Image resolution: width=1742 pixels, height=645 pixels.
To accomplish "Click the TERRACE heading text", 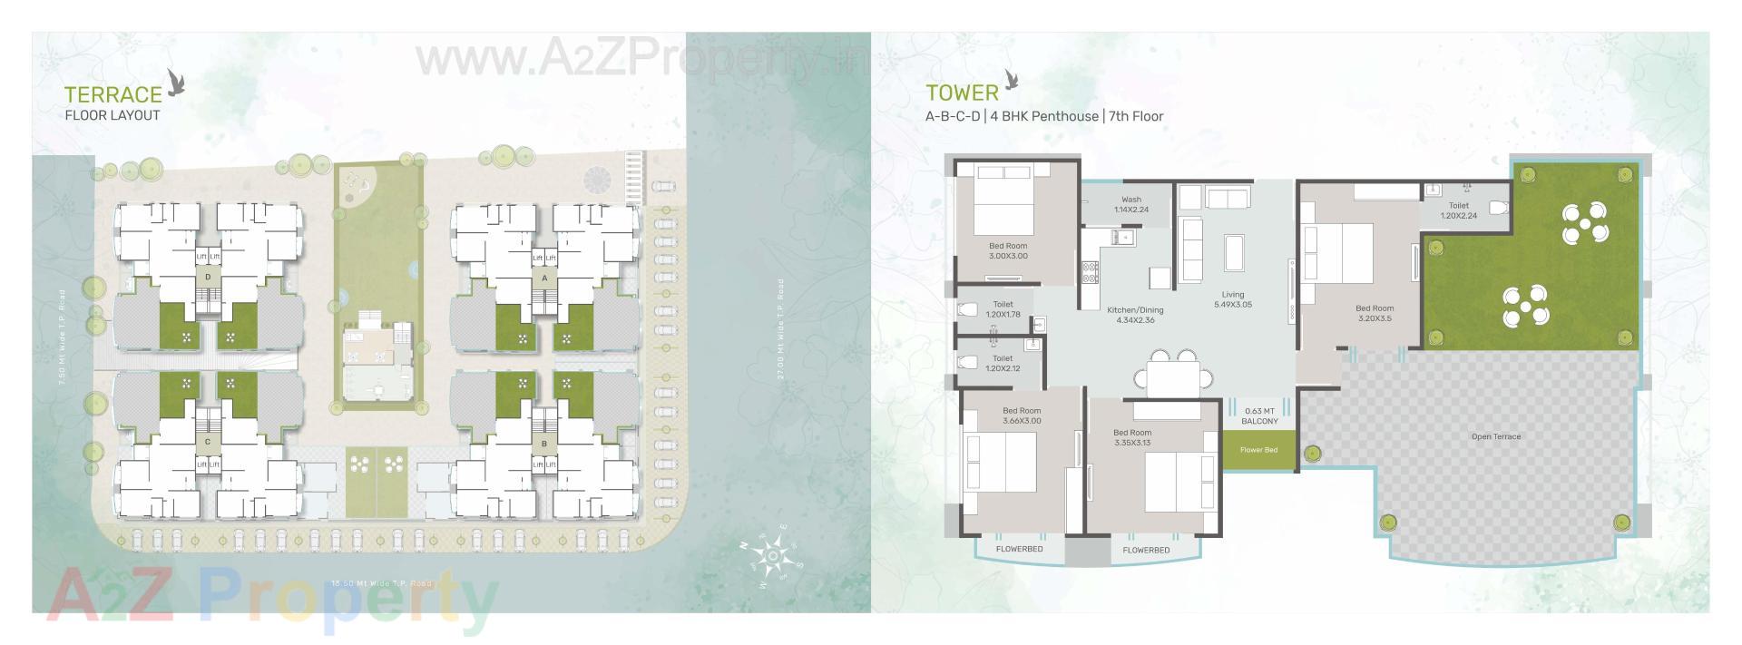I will (x=113, y=94).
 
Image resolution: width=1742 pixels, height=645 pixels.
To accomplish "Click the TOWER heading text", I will (x=962, y=93).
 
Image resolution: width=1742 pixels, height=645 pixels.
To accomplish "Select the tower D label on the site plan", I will (x=208, y=277).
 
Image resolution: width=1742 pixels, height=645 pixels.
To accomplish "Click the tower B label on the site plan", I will (x=543, y=444).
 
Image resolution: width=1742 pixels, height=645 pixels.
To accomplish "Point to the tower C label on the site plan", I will (x=208, y=442).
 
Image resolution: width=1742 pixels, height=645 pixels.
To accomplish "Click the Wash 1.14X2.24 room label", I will (x=1130, y=204).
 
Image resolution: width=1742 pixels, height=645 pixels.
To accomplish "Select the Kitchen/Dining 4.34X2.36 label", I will (x=1135, y=315).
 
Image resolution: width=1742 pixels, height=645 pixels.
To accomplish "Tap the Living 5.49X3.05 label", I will (x=1232, y=299).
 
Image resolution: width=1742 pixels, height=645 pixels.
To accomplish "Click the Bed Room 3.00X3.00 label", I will (x=1008, y=250).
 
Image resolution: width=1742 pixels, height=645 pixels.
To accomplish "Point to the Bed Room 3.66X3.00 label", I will (x=1022, y=415).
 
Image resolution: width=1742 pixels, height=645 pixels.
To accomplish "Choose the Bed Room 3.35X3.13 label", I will (x=1132, y=437).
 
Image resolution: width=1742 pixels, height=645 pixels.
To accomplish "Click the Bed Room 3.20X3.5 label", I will (x=1375, y=313).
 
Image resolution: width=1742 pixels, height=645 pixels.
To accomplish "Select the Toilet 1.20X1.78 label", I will (x=1003, y=309).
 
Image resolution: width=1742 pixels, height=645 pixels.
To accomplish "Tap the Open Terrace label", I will (x=1495, y=437).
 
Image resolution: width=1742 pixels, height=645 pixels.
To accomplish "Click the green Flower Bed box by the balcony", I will (x=1258, y=450).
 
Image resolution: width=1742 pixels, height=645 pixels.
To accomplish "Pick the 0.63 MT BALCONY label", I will (x=1259, y=416).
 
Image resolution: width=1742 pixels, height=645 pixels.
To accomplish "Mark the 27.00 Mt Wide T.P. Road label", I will (x=780, y=329).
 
